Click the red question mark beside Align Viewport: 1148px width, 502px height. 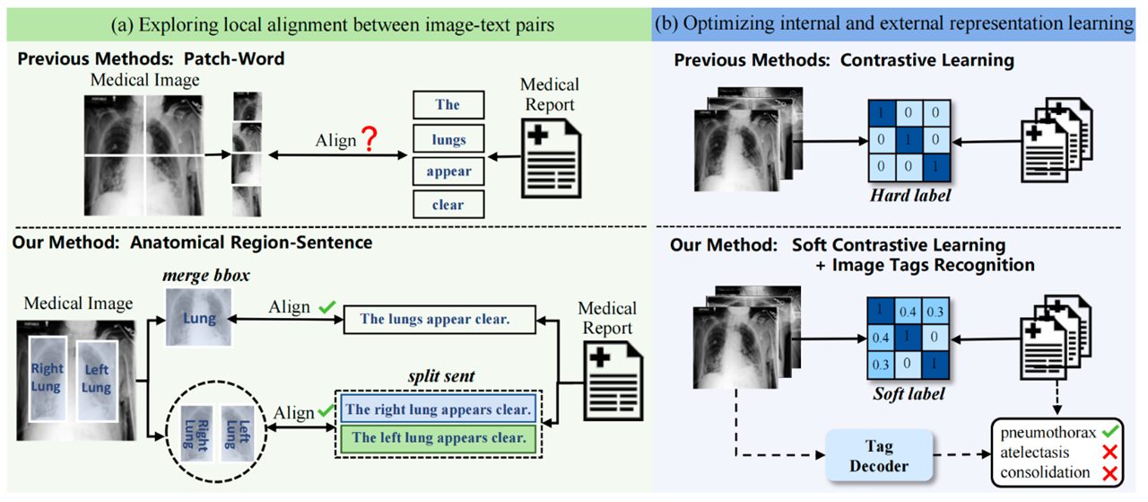tap(370, 138)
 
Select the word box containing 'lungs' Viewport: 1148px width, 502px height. tap(448, 139)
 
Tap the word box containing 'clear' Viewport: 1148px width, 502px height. tap(448, 204)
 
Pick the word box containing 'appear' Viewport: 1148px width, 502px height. tap(448, 172)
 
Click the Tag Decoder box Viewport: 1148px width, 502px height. tap(879, 455)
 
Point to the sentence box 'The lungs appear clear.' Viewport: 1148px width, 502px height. tap(439, 320)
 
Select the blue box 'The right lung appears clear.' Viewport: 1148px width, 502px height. tap(439, 410)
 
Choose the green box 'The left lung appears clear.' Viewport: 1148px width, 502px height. tap(439, 438)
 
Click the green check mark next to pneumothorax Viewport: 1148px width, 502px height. tap(1110, 431)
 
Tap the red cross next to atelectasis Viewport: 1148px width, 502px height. tap(1110, 453)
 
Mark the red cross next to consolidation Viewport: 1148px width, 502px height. tap(1110, 472)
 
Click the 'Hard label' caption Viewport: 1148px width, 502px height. tap(910, 196)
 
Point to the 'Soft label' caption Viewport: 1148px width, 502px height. tap(909, 393)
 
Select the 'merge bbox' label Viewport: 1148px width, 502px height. tap(206, 276)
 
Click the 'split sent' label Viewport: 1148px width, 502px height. tap(441, 376)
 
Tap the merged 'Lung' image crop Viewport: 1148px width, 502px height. tap(198, 317)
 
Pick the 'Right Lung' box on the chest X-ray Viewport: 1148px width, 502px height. tap(48, 379)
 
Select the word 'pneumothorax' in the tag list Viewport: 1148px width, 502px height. tap(1048, 433)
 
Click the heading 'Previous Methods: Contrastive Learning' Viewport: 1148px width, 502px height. tap(844, 60)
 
